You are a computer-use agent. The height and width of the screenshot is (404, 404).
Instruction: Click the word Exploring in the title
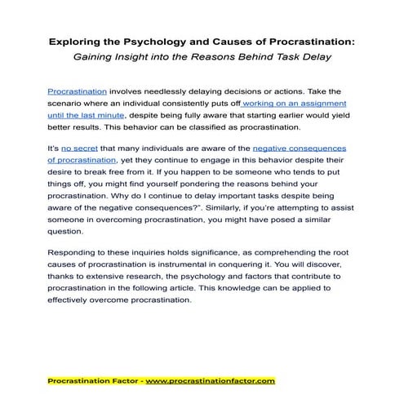click(x=76, y=40)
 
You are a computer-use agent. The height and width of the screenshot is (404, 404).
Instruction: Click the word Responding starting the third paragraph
click(x=78, y=253)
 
